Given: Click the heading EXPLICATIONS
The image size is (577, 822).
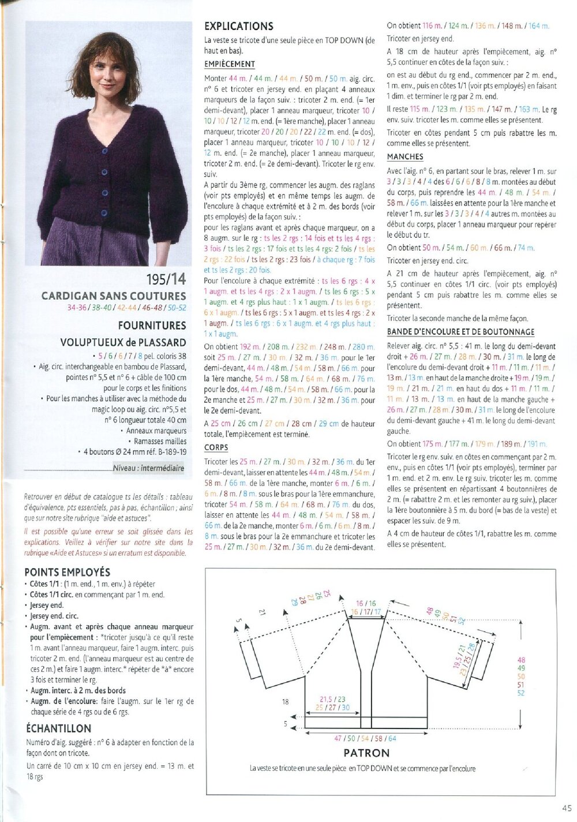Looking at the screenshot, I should [x=239, y=26].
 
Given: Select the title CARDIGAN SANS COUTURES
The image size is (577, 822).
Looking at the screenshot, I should [x=114, y=296].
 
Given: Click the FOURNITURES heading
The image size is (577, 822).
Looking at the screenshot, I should [x=152, y=326].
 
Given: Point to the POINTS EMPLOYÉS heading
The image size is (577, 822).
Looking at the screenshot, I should [x=67, y=572].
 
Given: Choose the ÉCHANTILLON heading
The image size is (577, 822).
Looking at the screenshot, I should [x=58, y=728].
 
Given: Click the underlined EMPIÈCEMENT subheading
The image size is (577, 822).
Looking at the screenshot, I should [x=230, y=64].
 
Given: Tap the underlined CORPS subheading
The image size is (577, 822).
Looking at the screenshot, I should [x=216, y=447].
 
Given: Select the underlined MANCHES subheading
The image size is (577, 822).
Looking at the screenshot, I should [x=405, y=156].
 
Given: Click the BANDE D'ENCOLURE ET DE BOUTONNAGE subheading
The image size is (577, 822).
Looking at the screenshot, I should [x=460, y=332].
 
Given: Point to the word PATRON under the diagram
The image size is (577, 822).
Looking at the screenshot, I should [x=366, y=753].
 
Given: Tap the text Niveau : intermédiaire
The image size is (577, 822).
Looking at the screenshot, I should [x=148, y=468].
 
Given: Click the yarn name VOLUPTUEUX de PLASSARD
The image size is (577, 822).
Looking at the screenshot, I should [x=123, y=342].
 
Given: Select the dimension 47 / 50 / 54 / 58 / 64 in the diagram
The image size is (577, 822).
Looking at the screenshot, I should [x=366, y=738].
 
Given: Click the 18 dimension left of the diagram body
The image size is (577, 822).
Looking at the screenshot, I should [x=285, y=702].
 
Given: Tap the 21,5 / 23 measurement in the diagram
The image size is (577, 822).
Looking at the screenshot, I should [x=332, y=699].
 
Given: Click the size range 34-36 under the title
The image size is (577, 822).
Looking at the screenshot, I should [x=77, y=308].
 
